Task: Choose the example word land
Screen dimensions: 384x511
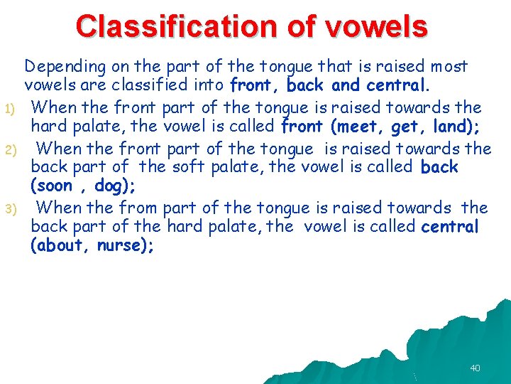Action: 449,128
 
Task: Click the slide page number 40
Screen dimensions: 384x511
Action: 475,368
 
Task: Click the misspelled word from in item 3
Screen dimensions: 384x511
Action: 141,208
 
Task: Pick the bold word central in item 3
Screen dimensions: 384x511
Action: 450,227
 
